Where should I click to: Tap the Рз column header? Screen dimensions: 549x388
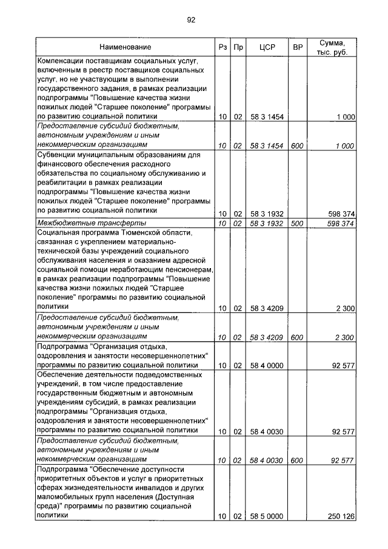click(x=222, y=47)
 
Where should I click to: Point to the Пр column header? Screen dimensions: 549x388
click(x=238, y=47)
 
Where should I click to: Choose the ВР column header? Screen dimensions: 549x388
click(x=298, y=47)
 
